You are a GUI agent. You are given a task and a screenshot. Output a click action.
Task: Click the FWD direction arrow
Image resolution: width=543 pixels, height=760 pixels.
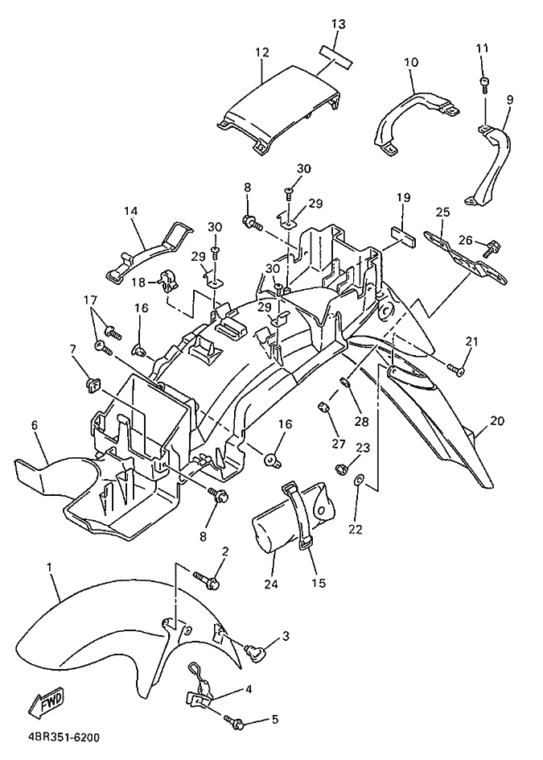click(47, 702)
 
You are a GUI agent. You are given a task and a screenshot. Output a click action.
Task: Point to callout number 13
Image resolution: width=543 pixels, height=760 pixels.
click(339, 24)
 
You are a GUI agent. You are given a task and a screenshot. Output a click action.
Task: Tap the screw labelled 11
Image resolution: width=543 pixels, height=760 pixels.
click(484, 85)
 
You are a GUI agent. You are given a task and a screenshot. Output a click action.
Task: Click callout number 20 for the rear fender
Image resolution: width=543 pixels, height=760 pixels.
click(497, 421)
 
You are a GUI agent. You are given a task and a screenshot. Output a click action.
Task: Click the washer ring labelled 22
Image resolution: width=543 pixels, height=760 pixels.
click(358, 480)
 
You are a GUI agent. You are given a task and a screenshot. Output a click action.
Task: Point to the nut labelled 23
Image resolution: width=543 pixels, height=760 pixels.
click(340, 469)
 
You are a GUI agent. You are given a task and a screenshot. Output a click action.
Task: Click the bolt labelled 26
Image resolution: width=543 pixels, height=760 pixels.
click(490, 248)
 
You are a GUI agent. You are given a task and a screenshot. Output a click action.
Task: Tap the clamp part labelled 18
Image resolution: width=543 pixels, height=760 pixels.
click(167, 281)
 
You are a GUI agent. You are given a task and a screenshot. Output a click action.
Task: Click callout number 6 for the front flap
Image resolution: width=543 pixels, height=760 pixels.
click(34, 424)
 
